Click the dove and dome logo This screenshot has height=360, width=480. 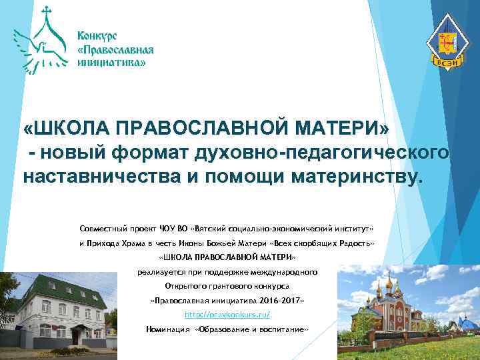(41, 41)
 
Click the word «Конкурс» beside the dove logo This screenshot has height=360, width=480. (99, 35)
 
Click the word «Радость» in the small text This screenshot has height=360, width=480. (359, 243)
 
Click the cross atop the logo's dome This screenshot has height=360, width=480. (46, 11)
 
